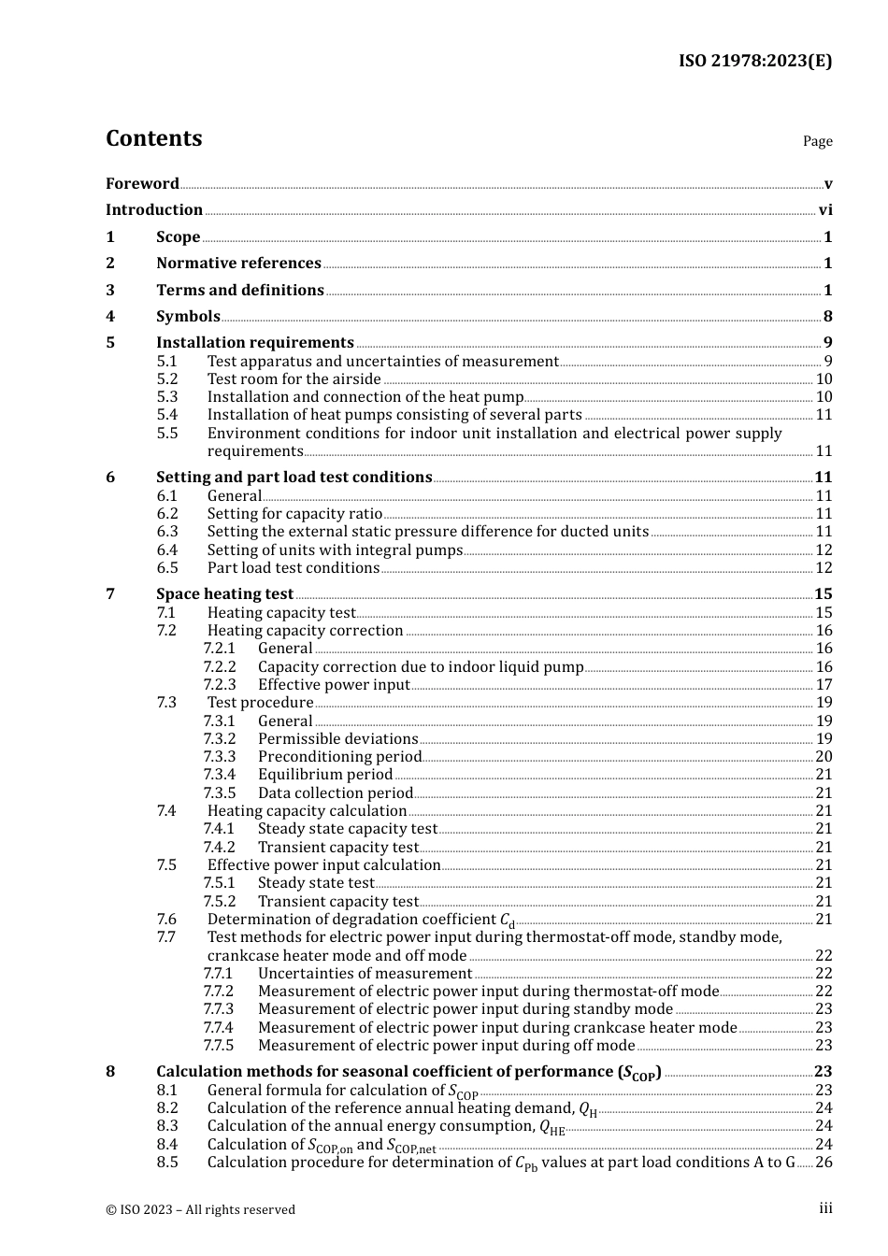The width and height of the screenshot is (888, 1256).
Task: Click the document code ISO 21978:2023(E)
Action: tap(754, 61)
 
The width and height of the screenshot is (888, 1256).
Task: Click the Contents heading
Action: tap(153, 138)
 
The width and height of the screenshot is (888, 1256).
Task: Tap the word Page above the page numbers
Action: tap(817, 141)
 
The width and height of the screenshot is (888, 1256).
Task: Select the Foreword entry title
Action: tap(142, 184)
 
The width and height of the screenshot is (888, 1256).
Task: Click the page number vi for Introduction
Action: tap(825, 210)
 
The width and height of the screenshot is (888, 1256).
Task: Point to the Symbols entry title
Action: tap(188, 317)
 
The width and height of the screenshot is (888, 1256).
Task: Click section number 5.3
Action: tap(167, 397)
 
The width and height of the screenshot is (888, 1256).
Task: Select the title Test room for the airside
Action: tap(294, 379)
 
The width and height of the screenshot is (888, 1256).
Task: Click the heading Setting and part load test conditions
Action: tap(294, 478)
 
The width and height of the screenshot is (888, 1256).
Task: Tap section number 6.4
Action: tap(167, 550)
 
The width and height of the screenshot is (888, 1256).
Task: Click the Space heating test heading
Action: tap(224, 594)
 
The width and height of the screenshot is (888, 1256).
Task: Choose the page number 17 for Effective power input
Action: tap(824, 685)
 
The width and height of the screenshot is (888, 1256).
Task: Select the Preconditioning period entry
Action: tap(339, 757)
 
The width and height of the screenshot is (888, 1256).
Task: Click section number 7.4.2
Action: tap(219, 848)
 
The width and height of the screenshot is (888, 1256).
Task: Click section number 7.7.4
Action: tap(219, 1028)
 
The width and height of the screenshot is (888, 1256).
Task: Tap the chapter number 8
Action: tap(110, 1072)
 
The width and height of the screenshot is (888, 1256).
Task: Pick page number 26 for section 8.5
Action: tap(824, 1163)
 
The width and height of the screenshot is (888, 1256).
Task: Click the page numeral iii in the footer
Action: tap(825, 1208)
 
